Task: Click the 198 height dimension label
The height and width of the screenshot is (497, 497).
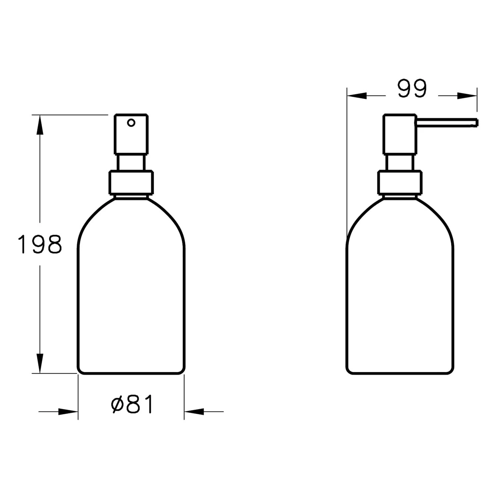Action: [x=40, y=244]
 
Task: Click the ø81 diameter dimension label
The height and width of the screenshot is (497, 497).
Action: [x=132, y=404]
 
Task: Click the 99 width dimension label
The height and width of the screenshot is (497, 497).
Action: [x=412, y=89]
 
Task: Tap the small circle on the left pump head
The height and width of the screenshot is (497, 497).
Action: [x=131, y=123]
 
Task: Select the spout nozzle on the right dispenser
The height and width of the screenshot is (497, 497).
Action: [x=446, y=123]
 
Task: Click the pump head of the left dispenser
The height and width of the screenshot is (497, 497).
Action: [x=131, y=134]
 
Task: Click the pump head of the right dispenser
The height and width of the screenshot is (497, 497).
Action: [x=400, y=134]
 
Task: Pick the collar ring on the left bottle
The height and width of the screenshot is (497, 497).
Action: [x=131, y=182]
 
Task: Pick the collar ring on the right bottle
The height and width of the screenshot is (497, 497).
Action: [x=400, y=182]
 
